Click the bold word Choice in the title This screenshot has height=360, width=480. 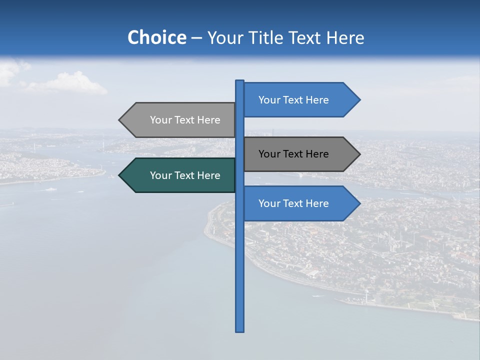[156, 38]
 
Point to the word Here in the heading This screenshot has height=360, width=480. [345, 38]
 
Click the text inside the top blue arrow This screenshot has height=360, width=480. [293, 100]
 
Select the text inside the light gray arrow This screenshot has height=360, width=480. [185, 120]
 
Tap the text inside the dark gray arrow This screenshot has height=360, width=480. [293, 154]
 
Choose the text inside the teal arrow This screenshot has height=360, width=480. [185, 175]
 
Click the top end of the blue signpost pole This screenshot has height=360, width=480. [239, 81]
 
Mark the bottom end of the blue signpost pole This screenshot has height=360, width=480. [239, 330]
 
